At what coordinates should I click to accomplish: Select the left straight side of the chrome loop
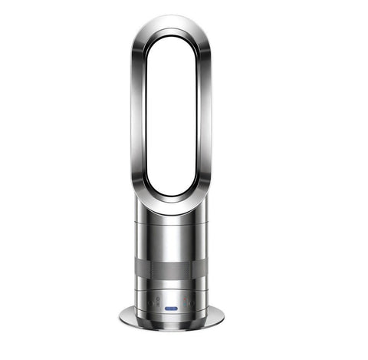[x=137, y=115]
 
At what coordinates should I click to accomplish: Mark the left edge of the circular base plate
[x=123, y=314]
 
